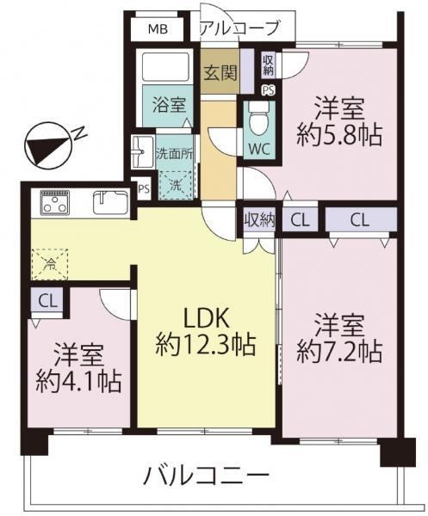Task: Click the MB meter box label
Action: pos(158,29)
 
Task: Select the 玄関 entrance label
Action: pos(220,73)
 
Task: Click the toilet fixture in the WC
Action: pos(259,118)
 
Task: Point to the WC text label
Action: pos(259,149)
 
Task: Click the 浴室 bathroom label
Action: pos(169,105)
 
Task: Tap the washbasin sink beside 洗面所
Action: pos(142,151)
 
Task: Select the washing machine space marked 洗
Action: pos(176,185)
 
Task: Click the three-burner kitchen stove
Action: pos(55,202)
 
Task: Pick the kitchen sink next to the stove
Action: pos(111,202)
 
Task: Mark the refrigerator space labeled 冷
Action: pos(50,264)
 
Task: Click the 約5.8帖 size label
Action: pos(339,135)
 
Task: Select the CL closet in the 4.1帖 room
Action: pos(47,300)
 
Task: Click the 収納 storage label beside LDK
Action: pos(259,219)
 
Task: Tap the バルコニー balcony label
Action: pos(206,476)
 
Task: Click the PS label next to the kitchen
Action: pos(144,189)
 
